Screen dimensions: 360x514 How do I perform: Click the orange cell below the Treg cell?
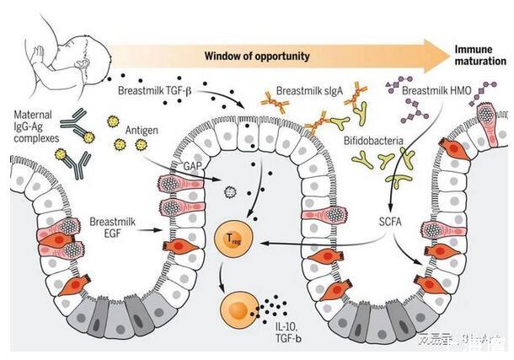pos(237,309)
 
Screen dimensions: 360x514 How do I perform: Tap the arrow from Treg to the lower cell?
pos(224,275)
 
